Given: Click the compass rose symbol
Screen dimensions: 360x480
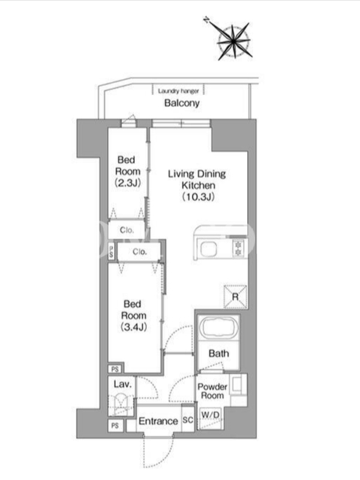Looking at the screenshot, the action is (233, 40).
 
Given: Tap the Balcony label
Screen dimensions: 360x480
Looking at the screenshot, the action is (182, 103).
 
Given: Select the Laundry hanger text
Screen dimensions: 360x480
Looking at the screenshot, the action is (178, 91).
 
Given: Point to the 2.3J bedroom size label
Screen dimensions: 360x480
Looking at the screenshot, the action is (128, 183).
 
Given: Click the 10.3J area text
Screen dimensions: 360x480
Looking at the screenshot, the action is (198, 197).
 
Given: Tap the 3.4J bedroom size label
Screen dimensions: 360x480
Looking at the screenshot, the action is (134, 327).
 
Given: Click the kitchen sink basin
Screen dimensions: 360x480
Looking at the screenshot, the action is (209, 249).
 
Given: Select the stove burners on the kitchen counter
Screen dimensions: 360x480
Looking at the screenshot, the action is (238, 248).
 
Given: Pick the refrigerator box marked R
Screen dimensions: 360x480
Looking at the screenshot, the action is (235, 296).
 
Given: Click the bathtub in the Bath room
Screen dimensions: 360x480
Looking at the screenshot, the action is (218, 328).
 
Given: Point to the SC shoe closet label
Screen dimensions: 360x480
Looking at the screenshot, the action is (188, 419).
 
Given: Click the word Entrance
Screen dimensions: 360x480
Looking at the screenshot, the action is (158, 421).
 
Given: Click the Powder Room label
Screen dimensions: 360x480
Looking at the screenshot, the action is (212, 391).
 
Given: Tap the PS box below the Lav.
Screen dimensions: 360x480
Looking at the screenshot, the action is (115, 425).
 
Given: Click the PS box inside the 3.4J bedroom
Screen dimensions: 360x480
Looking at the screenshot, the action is (115, 369).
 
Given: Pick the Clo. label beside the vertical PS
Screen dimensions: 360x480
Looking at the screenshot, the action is (140, 251).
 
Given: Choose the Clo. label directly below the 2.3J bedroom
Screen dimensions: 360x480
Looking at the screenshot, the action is (127, 230).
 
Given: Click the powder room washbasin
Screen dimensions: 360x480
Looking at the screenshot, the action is (237, 385).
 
